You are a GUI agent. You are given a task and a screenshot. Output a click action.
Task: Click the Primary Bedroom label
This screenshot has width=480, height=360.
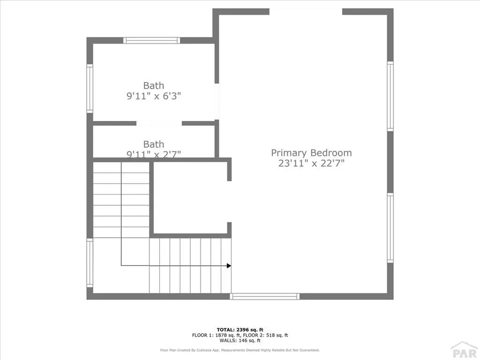(311, 153)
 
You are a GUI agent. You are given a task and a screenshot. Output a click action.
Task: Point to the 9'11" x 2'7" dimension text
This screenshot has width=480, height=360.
(154, 153)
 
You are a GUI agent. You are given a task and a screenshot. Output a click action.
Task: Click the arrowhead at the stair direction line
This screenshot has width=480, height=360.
(229, 266)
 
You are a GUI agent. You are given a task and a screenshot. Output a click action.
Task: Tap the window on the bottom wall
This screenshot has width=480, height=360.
(265, 296)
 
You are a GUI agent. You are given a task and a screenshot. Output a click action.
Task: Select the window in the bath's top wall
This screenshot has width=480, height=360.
(151, 40)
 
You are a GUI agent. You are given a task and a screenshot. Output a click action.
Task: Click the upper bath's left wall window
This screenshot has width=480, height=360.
(90, 88)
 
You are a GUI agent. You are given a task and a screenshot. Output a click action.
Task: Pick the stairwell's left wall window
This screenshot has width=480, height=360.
(90, 263)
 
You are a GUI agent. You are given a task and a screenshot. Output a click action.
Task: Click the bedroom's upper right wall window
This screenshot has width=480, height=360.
(390, 96)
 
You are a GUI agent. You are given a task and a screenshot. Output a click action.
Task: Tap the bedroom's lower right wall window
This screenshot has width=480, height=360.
(390, 228)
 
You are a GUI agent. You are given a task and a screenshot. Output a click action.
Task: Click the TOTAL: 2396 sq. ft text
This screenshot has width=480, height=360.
(240, 329)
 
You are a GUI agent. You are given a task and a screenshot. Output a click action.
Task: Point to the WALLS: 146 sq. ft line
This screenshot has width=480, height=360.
(240, 341)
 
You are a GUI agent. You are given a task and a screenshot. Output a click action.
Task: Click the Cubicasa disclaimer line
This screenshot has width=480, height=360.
(240, 350)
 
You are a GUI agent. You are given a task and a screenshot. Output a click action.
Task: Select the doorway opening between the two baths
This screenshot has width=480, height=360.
(159, 123)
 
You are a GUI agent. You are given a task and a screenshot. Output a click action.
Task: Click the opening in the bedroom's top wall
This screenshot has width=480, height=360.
(306, 12)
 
